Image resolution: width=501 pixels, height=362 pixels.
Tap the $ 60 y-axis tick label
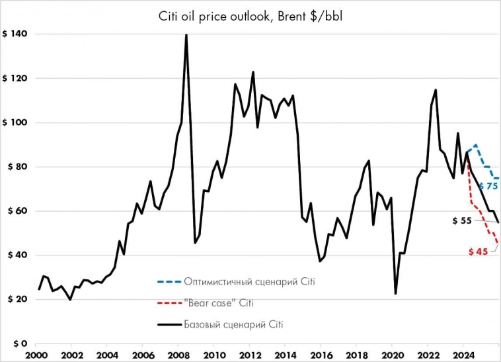pyautogui.click(x=16, y=211)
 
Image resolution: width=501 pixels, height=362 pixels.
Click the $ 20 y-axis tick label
pyautogui.click(x=16, y=299)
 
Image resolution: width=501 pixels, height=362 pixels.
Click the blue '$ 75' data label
pyautogui.click(x=487, y=187)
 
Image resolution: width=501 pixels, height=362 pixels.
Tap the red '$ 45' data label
pyautogui.click(x=478, y=251)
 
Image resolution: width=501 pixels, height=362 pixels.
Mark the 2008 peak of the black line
pyautogui.click(x=186, y=35)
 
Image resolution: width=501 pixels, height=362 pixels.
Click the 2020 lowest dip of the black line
pyautogui.click(x=395, y=293)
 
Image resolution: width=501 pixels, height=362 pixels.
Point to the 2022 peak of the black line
pyautogui.click(x=436, y=90)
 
